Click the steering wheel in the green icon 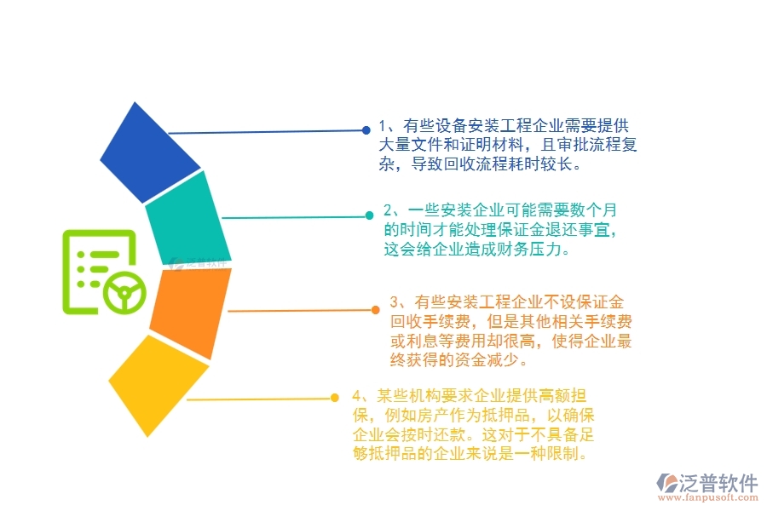124,294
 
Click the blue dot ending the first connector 366,130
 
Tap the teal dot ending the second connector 369,216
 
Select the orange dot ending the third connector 376,310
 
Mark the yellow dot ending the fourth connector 336,398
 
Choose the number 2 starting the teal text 389,210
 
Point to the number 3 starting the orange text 395,302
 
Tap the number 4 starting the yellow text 357,396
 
